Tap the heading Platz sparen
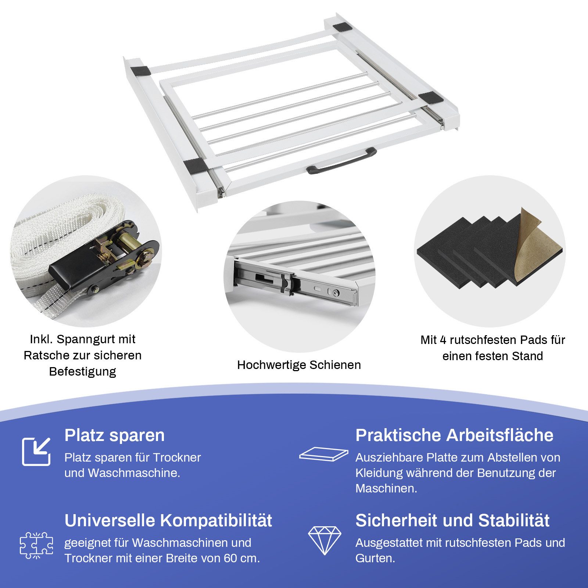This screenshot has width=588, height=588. pyautogui.click(x=114, y=435)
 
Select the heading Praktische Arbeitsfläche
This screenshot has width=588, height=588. pyautogui.click(x=454, y=435)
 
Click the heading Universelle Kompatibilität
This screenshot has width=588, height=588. pyautogui.click(x=168, y=520)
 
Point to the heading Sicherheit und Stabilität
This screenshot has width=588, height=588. pyautogui.click(x=452, y=520)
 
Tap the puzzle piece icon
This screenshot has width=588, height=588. pyautogui.click(x=36, y=545)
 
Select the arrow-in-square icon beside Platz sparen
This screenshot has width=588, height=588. pyautogui.click(x=36, y=452)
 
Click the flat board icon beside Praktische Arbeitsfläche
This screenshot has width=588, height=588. pyautogui.click(x=323, y=454)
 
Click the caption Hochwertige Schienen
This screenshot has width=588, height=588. pyautogui.click(x=299, y=365)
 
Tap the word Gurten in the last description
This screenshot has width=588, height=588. pyautogui.click(x=374, y=558)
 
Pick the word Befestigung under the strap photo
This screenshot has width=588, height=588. pyautogui.click(x=83, y=372)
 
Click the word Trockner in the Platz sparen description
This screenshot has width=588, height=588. pyautogui.click(x=177, y=458)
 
